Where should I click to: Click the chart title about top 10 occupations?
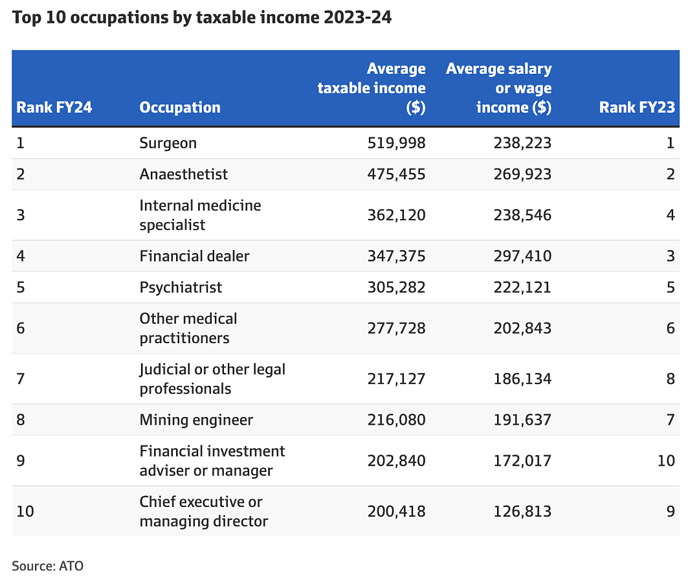202,18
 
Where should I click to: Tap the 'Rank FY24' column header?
54,107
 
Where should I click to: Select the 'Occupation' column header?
180,107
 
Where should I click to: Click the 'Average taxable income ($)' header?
372,88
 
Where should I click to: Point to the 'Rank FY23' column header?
637,107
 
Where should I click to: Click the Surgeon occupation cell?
168,143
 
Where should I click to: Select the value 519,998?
396,143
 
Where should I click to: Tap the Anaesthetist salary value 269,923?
522,174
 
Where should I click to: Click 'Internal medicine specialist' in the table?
200,216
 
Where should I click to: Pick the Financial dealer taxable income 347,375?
396,256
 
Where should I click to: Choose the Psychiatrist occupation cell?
181,287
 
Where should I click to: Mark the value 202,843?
522,328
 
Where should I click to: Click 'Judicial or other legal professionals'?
212,379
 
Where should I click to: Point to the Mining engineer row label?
196,420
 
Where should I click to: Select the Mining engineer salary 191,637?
522,420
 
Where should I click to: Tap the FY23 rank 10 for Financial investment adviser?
667,461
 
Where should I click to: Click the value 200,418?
396,511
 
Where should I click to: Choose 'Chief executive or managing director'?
204,511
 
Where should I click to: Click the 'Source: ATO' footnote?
48,566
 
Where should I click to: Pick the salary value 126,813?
522,511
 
